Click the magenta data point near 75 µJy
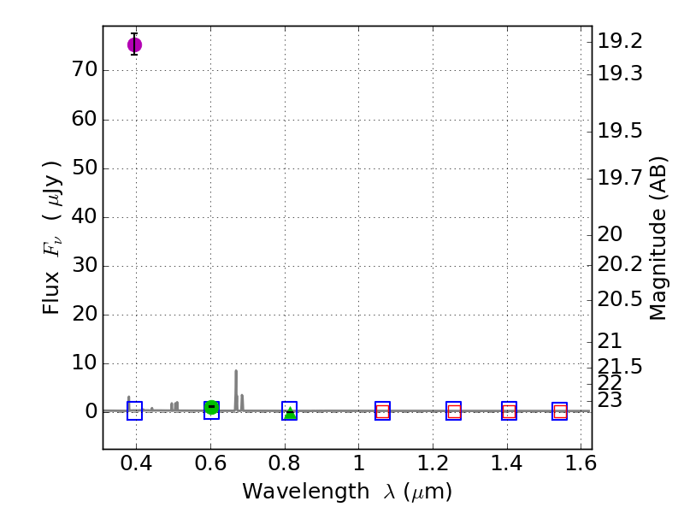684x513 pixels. click(x=134, y=44)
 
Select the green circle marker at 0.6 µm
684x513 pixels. click(x=211, y=408)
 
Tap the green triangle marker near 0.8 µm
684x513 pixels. click(x=290, y=412)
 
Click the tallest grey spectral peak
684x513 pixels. click(x=236, y=372)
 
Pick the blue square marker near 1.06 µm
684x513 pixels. click(x=382, y=411)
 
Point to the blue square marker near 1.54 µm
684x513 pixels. click(x=559, y=411)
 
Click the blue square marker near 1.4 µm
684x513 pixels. click(x=509, y=411)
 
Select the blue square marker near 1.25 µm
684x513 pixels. click(x=453, y=411)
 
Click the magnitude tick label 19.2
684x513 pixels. click(x=620, y=41)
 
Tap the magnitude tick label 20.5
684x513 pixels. click(x=620, y=298)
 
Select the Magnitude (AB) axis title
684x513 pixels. click(x=658, y=238)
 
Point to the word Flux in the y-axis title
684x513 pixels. click(x=53, y=295)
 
